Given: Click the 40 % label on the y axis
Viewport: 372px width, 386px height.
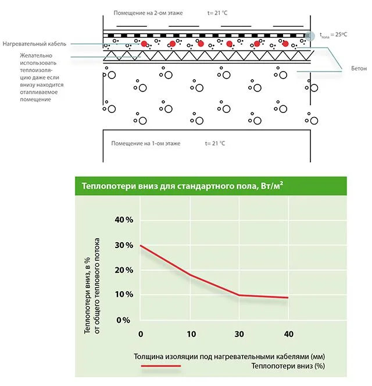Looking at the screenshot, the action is point(124,219).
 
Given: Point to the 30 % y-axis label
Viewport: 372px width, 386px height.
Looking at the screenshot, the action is point(124,245).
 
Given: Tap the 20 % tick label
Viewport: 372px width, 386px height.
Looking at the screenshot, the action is point(124,270).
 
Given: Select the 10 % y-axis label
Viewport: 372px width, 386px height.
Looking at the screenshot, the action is point(124,294).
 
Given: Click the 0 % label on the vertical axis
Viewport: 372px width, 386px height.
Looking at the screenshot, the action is point(123,320).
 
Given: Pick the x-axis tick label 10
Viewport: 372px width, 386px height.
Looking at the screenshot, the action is point(191,334).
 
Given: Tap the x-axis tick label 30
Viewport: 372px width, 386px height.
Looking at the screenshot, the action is point(239,334).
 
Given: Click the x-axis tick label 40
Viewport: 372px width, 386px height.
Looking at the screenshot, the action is point(289,334).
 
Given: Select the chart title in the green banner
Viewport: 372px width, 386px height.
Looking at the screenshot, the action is point(183,186).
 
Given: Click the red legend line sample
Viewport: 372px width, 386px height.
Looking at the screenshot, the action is point(161,366).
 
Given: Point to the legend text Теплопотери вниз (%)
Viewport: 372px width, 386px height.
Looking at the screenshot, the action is point(288,366).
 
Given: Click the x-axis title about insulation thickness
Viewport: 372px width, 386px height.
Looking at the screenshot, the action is point(229,356).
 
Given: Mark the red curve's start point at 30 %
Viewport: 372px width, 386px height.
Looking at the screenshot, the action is point(140,246).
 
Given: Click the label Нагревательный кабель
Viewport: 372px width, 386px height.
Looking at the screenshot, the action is point(34,44).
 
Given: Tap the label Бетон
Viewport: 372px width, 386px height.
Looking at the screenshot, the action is point(359,69).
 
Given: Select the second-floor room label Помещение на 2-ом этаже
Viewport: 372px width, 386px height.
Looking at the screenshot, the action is point(148,13).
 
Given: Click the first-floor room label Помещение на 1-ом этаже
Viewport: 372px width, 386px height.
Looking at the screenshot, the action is point(146,143).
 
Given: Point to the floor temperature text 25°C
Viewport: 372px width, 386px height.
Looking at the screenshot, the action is point(341,34).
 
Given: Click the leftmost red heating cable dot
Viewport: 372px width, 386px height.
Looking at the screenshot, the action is point(144,44).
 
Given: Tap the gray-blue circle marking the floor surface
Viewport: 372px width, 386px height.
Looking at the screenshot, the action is point(310,36).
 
